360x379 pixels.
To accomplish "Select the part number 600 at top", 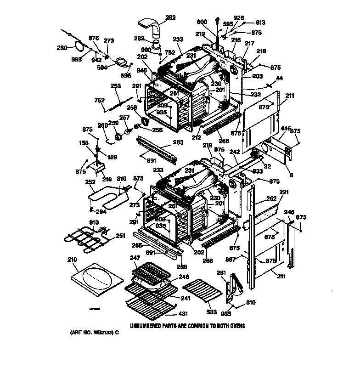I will tap(202, 21).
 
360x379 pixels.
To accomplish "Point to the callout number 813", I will tap(260, 22).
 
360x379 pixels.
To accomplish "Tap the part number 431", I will tap(183, 315).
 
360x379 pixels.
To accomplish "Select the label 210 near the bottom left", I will tap(72, 260).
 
